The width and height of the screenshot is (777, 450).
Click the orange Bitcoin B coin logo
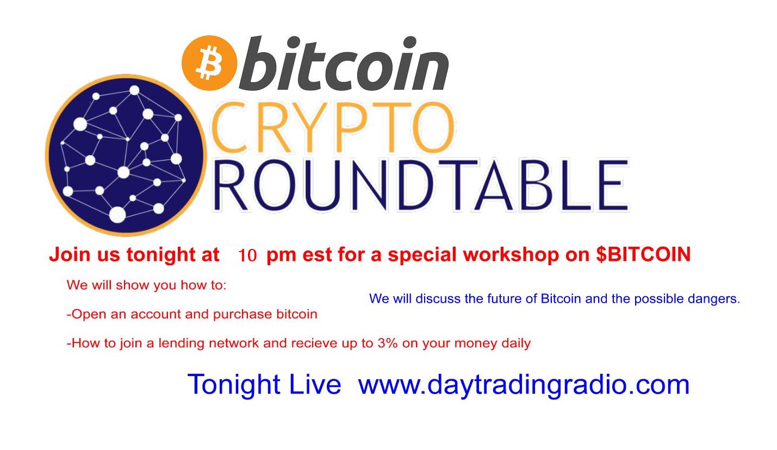(x=209, y=62)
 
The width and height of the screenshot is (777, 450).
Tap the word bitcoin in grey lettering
(x=344, y=63)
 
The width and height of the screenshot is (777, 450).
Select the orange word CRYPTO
(x=332, y=127)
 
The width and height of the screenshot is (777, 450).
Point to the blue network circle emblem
(x=126, y=155)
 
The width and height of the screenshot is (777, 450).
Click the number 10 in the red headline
(x=247, y=255)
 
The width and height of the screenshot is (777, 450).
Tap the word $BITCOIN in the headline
(x=643, y=254)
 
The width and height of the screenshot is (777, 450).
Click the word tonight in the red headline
(x=160, y=255)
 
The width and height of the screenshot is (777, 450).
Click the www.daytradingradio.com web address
(x=524, y=384)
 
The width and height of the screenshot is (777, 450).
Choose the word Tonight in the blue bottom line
(x=234, y=385)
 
